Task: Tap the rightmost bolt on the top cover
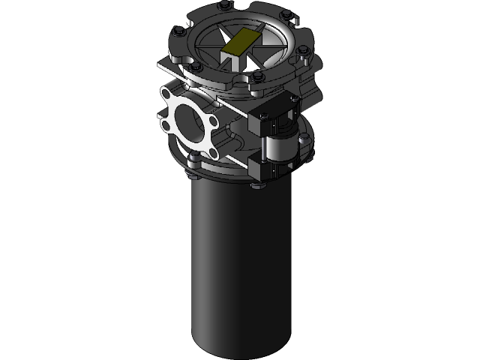[301, 51]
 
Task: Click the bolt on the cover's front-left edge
[195, 67]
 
